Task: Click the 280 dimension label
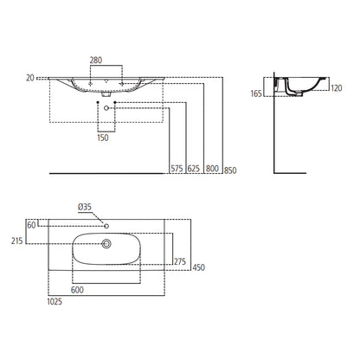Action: tap(96, 61)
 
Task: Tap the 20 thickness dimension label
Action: tap(30, 78)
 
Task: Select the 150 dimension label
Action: tap(103, 138)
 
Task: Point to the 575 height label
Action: tap(177, 169)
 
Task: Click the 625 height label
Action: tap(194, 169)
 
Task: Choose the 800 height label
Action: tap(212, 169)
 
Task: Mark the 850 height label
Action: tap(230, 170)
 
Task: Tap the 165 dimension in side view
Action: tap(256, 93)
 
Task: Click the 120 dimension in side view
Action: tap(337, 88)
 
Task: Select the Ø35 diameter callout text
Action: tap(85, 207)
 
